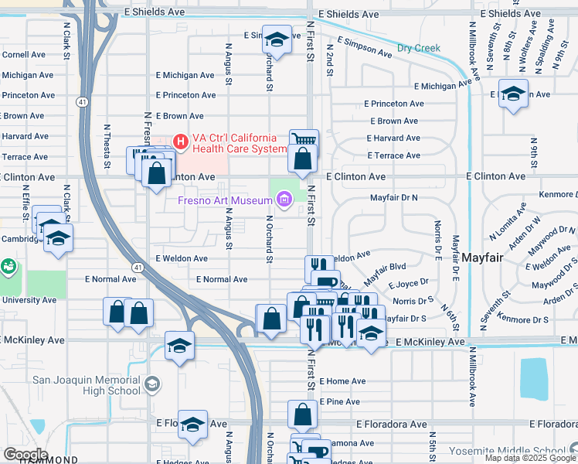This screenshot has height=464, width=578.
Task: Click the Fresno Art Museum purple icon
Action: [x=284, y=201]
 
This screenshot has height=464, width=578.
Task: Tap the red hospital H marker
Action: [x=181, y=142]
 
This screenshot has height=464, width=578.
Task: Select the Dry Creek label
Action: [x=419, y=48]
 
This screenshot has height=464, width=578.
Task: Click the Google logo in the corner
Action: [x=25, y=454]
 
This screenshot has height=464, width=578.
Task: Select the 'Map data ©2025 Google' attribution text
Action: [x=530, y=459]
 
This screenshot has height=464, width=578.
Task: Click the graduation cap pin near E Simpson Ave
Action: [x=277, y=39]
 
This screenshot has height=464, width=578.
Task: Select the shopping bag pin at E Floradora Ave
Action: [x=302, y=415]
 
